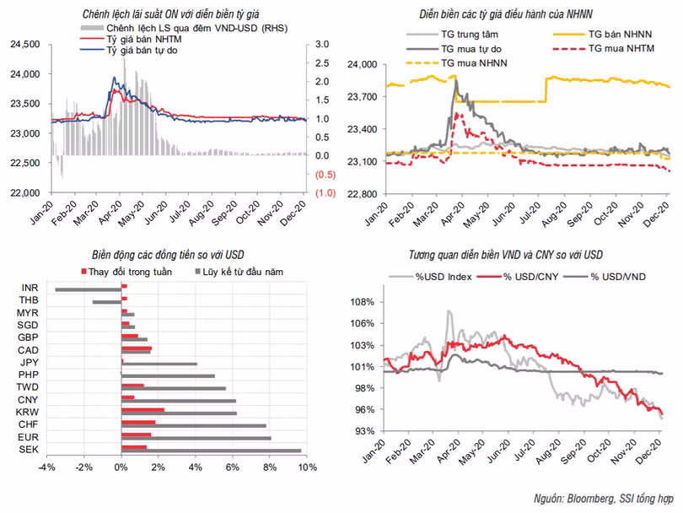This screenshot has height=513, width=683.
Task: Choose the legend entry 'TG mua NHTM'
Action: pos(621,49)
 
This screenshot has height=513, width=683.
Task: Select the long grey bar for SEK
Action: pos(211,450)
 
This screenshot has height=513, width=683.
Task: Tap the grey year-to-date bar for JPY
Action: pos(159,364)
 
